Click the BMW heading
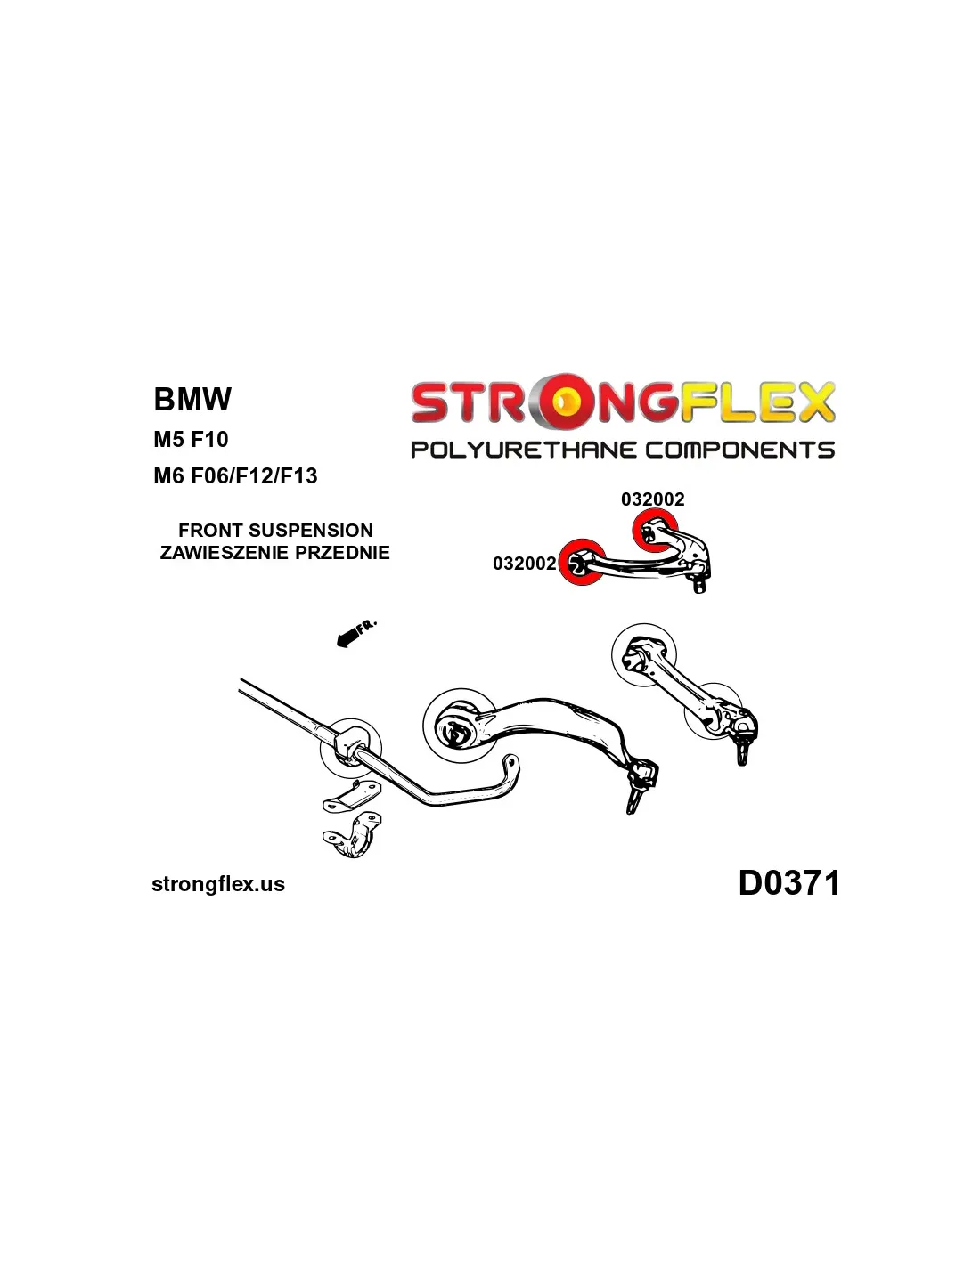point(192,399)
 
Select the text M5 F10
point(191,439)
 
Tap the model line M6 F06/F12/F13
point(235,475)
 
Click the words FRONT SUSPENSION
point(275,530)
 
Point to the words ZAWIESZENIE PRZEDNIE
point(274,552)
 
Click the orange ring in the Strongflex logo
point(565,402)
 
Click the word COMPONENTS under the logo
point(739,450)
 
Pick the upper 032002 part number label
point(652,499)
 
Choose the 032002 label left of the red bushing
point(524,564)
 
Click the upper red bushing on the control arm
point(654,532)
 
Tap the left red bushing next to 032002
point(581,563)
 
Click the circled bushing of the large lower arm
point(460,726)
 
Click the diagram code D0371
point(788,883)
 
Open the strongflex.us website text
point(218,884)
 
